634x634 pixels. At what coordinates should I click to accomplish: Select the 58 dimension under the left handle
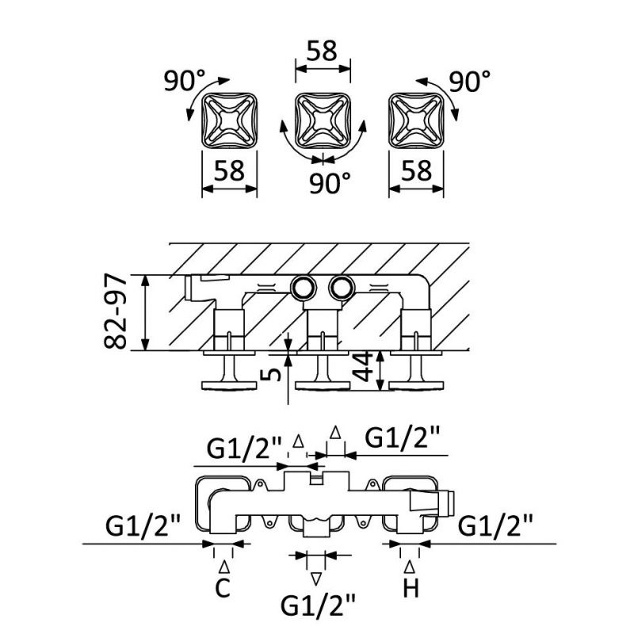click(x=230, y=170)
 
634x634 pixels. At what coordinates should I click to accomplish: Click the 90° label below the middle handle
click(x=330, y=183)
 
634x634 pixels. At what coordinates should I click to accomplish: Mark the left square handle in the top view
click(x=231, y=120)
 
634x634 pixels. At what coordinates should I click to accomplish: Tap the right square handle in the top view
click(x=415, y=120)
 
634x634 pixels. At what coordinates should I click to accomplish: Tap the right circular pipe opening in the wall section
click(x=342, y=288)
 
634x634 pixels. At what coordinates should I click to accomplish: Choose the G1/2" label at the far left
click(x=143, y=525)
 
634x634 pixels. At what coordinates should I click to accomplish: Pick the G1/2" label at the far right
click(x=495, y=525)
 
